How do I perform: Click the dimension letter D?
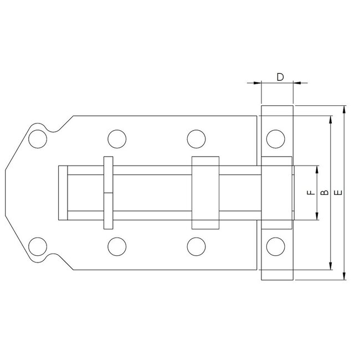click(x=280, y=76)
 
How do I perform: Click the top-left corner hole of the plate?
click(x=38, y=138)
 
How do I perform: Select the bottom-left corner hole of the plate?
click(x=38, y=245)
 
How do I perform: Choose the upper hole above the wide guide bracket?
click(x=194, y=138)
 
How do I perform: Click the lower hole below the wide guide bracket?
click(x=194, y=245)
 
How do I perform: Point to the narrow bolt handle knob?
click(x=108, y=193)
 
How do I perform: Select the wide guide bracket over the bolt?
click(x=204, y=193)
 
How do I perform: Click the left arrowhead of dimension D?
click(x=257, y=83)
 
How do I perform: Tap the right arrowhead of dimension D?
click(x=296, y=83)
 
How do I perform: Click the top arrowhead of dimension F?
click(x=317, y=169)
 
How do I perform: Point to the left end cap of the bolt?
click(x=61, y=193)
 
